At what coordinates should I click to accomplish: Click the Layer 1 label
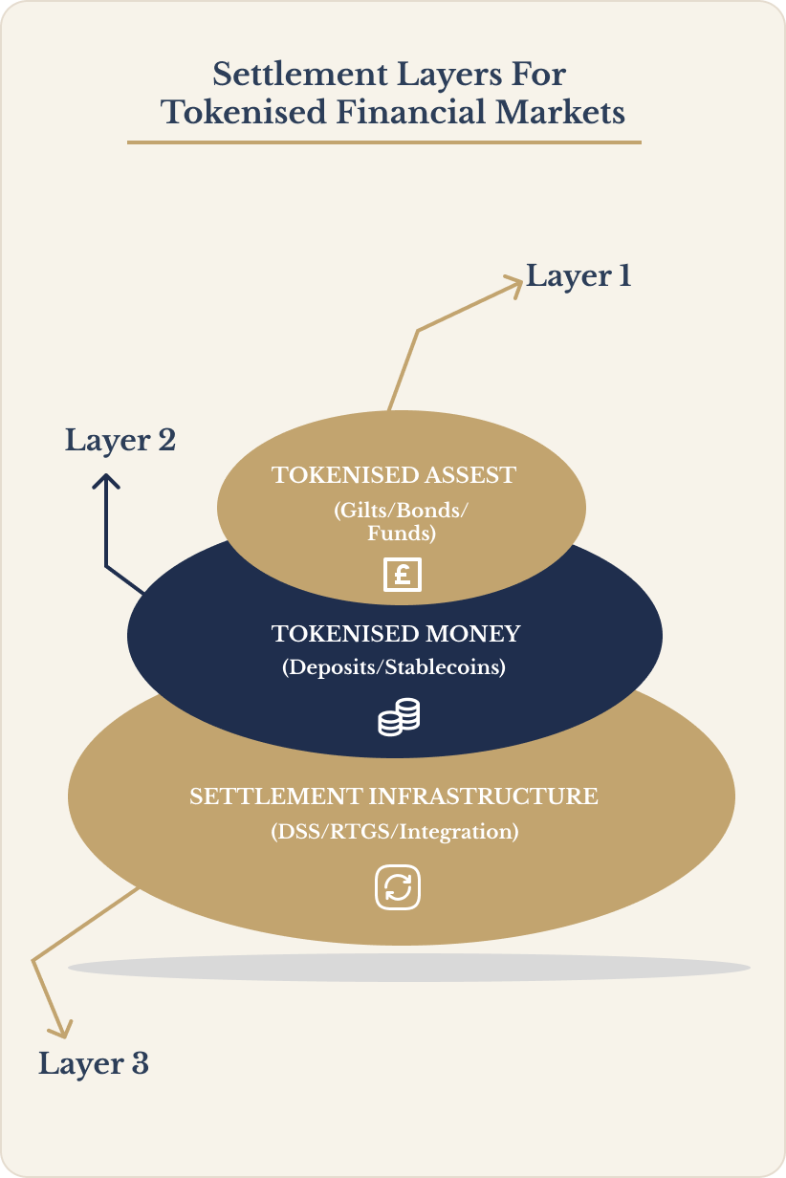[579, 276]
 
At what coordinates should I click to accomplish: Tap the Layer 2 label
[120, 441]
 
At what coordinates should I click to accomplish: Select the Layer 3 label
[94, 1063]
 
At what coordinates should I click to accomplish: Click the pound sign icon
[402, 576]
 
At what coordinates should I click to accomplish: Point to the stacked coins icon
[399, 717]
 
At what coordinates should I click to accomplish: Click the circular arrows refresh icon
[398, 888]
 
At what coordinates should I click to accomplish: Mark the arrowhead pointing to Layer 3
[61, 1029]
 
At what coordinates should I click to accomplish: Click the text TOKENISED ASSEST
[394, 475]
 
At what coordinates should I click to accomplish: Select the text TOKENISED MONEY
[396, 633]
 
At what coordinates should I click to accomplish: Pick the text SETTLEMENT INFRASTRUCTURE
[394, 796]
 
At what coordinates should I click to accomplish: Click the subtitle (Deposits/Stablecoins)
[393, 667]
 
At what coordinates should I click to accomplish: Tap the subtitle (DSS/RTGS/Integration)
[394, 832]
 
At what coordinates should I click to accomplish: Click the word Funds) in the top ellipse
[402, 534]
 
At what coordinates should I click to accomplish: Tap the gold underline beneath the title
[384, 142]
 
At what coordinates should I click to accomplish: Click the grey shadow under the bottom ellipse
[408, 968]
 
